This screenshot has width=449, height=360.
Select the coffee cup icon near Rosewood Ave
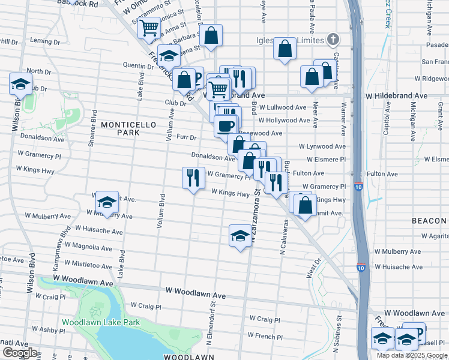pyautogui.click(x=226, y=126)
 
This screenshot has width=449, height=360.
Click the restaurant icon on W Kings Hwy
pyautogui.click(x=193, y=178)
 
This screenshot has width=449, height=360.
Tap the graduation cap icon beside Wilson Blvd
pyautogui.click(x=20, y=84)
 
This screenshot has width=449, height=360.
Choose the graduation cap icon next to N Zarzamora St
pyautogui.click(x=240, y=235)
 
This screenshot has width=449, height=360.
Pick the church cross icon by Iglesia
pyautogui.click(x=333, y=40)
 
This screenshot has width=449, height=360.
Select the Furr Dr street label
pyautogui.click(x=187, y=137)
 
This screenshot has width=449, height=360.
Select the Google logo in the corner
pyautogui.click(x=19, y=353)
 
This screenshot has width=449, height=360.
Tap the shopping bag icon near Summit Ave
pyautogui.click(x=306, y=205)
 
